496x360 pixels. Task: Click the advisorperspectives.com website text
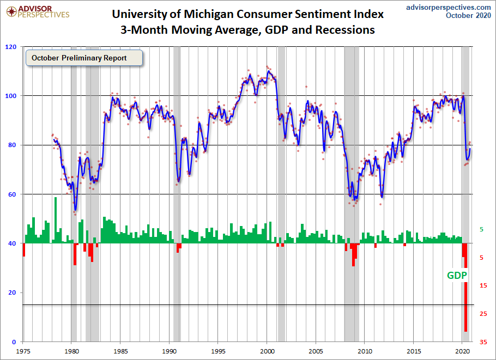tap(449, 7)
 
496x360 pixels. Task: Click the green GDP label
tap(457, 275)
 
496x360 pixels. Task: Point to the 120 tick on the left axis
tap(10, 47)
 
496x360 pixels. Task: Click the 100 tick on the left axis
tap(10, 96)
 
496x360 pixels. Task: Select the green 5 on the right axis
tap(481, 229)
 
